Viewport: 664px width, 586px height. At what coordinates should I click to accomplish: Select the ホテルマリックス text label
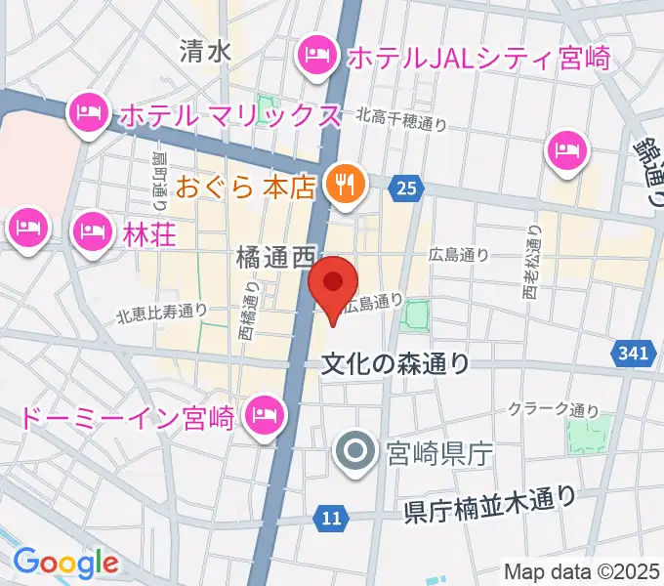pos(228,116)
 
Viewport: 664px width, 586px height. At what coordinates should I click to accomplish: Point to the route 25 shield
pos(407,185)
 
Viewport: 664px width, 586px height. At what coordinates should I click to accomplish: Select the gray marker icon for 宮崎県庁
pos(354,451)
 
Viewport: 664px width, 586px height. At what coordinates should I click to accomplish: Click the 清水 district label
pos(205,51)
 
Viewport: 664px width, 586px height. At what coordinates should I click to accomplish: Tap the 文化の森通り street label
pos(395,363)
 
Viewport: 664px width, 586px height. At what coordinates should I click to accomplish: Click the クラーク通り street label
pos(553,409)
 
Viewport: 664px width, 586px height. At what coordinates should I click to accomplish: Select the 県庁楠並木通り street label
pos(489,506)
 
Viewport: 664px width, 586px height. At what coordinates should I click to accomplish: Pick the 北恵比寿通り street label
pos(162,313)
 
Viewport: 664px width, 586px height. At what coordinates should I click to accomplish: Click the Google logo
pos(65,563)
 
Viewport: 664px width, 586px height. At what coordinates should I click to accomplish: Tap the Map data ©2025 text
pos(582,571)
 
